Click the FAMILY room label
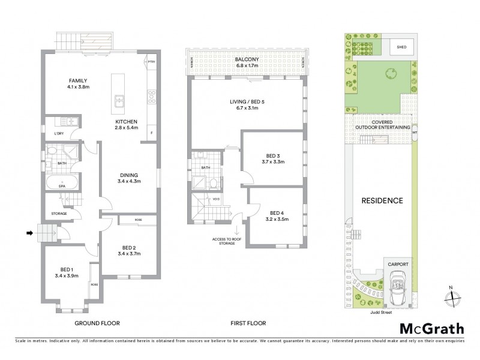[x=62, y=83]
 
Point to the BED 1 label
[x=66, y=272]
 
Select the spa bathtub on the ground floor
[x=62, y=182]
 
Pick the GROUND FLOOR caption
[x=97, y=323]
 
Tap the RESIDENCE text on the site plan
[x=381, y=200]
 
